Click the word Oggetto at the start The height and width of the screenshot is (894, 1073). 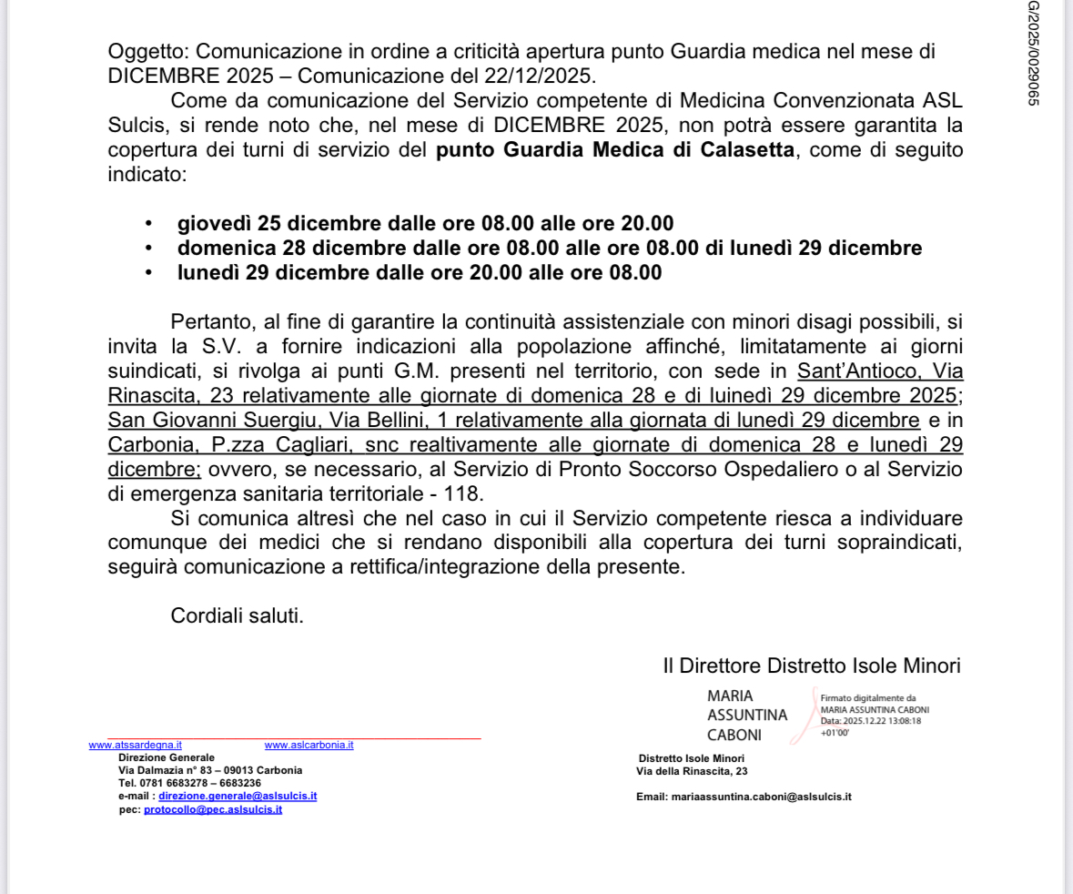(139, 52)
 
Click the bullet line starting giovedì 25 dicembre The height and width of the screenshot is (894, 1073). (425, 223)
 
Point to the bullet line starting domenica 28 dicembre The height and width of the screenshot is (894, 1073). (549, 248)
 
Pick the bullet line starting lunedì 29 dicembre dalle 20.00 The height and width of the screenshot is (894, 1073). (419, 272)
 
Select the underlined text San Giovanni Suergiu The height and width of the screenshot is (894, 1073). (199, 421)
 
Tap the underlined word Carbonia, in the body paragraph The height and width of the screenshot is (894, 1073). (146, 445)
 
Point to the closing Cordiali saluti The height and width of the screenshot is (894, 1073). (237, 615)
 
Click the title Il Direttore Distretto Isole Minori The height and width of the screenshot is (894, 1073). (811, 665)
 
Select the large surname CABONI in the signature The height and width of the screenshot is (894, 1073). (734, 735)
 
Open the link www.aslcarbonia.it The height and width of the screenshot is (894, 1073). (309, 745)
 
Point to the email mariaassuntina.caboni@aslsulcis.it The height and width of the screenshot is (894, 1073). (760, 797)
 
